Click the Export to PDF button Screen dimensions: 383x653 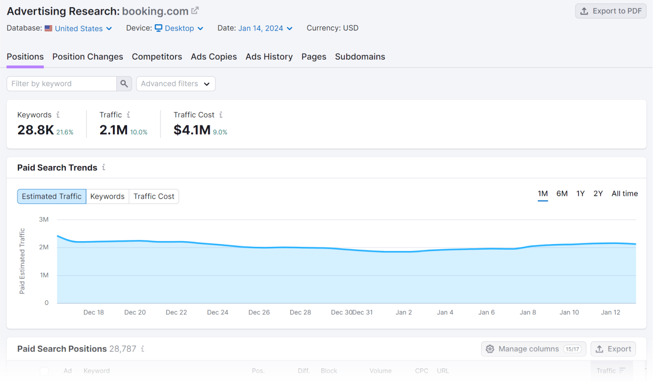611,11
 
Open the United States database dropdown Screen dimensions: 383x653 78,28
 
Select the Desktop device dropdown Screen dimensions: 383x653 179,28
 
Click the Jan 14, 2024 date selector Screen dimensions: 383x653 265,28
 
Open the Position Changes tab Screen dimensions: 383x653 88,57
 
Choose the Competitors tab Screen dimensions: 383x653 157,57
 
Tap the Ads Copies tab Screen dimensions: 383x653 214,57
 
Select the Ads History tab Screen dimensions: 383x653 269,57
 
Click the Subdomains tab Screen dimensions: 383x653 360,57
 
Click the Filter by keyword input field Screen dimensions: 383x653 62,84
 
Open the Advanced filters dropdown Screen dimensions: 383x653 176,84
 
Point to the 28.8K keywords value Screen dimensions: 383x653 35,130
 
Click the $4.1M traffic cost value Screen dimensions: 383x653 192,130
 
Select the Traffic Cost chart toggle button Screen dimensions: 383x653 154,197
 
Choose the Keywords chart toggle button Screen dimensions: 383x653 107,197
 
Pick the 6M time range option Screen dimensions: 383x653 562,194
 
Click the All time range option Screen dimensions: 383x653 625,194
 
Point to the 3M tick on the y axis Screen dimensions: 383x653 43,219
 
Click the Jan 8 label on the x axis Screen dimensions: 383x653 528,313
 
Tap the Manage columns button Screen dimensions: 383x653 534,349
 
